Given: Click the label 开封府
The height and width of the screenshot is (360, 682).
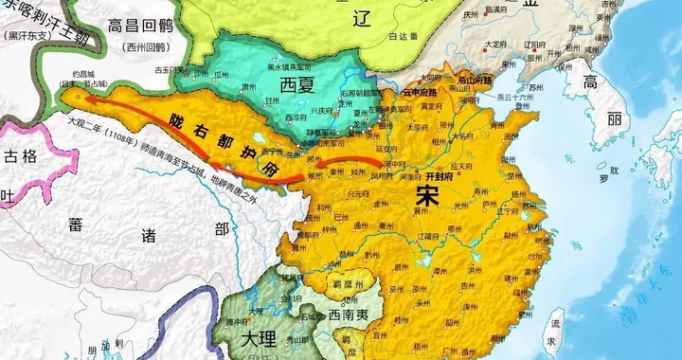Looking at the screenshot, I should [441, 176].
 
